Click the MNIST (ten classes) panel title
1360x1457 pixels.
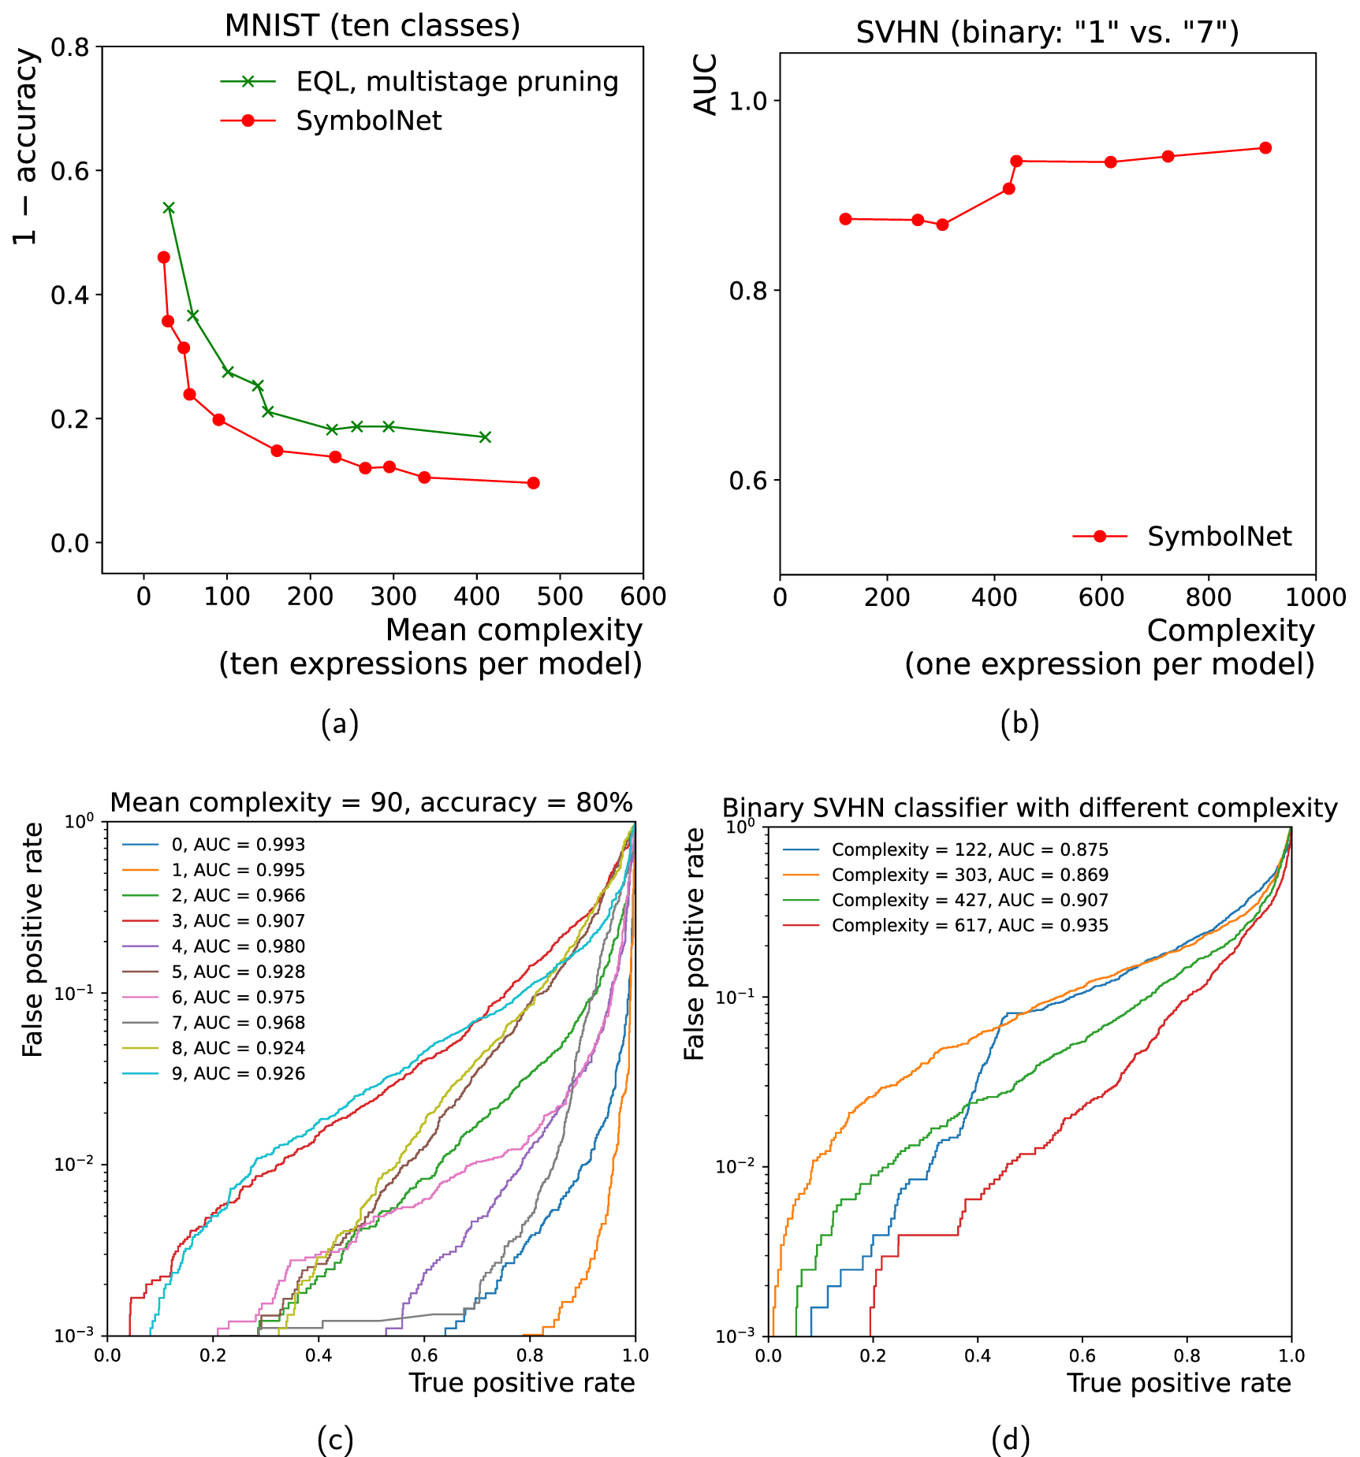click(372, 26)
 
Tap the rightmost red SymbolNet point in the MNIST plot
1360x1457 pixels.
click(533, 482)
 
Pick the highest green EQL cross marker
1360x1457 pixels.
click(169, 208)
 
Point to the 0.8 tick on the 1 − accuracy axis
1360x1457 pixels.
click(70, 47)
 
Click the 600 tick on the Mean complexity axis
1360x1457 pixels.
click(643, 597)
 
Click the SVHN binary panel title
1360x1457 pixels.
click(1047, 33)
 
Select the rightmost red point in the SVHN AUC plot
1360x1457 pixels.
click(1265, 148)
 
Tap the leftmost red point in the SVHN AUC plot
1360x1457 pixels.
click(845, 219)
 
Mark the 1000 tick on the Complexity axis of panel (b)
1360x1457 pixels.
click(1315, 598)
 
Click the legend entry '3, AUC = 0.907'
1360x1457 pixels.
click(237, 921)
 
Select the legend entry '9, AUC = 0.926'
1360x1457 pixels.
click(237, 1073)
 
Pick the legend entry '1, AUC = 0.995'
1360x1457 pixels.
click(237, 870)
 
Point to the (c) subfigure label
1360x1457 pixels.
click(335, 1440)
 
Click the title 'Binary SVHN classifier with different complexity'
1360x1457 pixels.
click(1030, 808)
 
